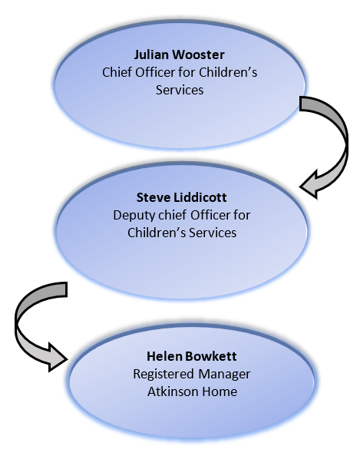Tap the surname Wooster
coord(198,54)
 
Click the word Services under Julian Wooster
coord(180,90)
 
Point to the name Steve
coord(153,197)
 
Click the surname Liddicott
coord(200,197)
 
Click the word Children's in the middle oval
coord(157,233)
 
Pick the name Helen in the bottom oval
coord(164,356)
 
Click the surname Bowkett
coord(211,356)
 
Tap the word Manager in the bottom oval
coord(224,374)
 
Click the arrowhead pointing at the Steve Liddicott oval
coord(309,185)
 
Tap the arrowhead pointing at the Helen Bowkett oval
coord(58,358)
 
